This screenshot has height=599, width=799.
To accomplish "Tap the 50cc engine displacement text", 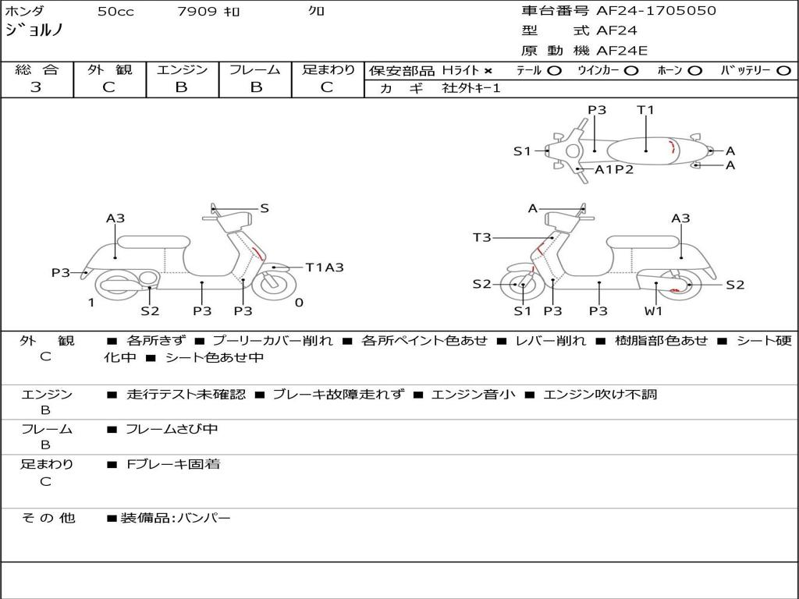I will point(115,12).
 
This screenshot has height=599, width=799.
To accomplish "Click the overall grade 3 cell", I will point(36,87).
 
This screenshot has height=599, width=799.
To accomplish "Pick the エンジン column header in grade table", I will point(182,70).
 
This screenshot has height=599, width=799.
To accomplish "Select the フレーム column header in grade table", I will point(255,70).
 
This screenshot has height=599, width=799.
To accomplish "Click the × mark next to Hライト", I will point(488,71).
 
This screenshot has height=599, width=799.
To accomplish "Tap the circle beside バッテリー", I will point(783,71).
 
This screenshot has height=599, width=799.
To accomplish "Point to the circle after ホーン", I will point(694,71).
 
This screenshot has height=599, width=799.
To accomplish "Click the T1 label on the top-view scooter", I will point(645,110).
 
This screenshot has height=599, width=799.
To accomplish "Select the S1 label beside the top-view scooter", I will point(522,151).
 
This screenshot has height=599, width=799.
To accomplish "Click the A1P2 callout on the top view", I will point(614,169).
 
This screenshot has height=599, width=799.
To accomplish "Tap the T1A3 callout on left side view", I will point(324,268).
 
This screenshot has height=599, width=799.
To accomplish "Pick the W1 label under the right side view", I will point(653,311).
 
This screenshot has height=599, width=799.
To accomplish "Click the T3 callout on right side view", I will point(482,237).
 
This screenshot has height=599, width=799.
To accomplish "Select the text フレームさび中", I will point(172,429).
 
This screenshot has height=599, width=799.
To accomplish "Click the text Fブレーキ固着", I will point(173,464).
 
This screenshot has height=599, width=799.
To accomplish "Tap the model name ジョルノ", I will point(34,30).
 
